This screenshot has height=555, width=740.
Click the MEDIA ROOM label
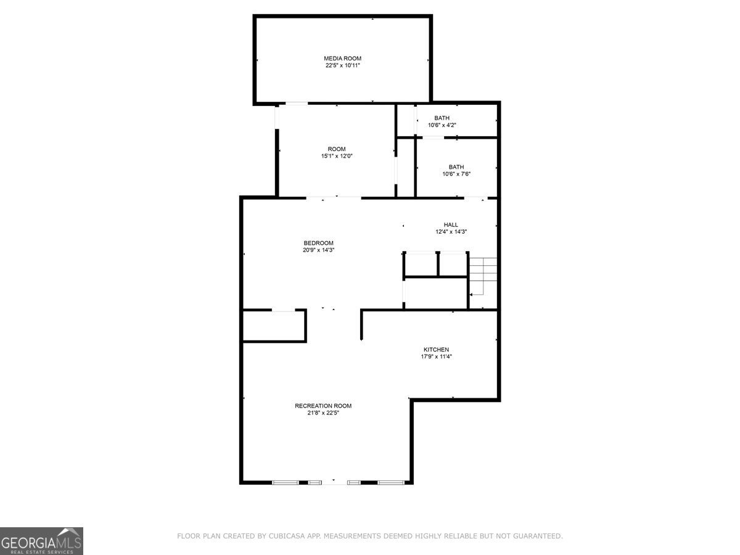coord(342,59)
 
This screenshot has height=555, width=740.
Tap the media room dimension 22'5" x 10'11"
coord(342,65)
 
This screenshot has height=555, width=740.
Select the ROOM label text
coord(337,149)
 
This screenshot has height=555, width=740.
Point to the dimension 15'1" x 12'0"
coord(337,156)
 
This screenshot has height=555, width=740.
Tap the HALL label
coord(451,224)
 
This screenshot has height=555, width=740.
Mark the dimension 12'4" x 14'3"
coord(451,232)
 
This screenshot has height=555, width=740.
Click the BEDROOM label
coord(318,243)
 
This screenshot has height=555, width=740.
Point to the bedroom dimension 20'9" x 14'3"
coord(318,250)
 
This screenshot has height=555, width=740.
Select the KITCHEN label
coord(436,350)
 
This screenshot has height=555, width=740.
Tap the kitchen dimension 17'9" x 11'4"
coord(436,356)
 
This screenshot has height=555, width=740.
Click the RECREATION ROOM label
coord(323,406)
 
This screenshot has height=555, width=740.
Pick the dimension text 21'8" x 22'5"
coord(323,413)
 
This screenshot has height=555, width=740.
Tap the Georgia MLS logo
coord(41,541)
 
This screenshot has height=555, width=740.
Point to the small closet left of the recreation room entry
coord(274,326)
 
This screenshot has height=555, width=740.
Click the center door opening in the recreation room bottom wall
coord(334,483)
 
